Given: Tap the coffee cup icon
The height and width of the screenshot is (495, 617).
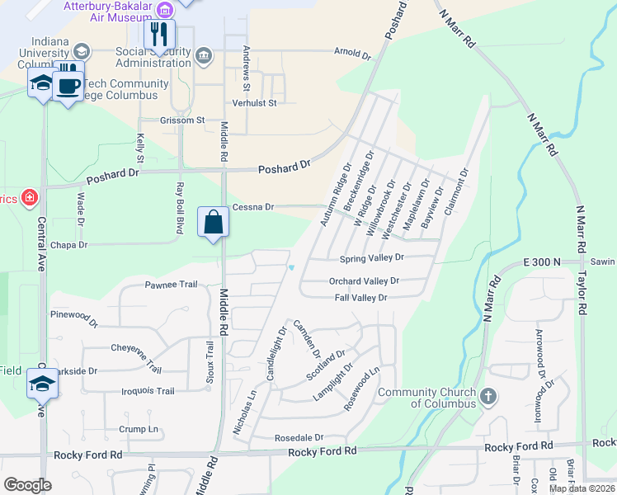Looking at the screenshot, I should point(68,85).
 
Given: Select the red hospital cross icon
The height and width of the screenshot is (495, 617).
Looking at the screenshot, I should point(30,197).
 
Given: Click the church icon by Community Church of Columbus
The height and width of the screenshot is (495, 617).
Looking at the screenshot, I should point(488,397).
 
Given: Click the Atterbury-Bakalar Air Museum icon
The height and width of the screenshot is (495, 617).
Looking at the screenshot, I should point(166,10).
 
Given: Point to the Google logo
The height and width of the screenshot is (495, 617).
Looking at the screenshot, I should point(27,485).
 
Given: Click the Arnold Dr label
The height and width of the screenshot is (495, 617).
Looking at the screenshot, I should point(353,53).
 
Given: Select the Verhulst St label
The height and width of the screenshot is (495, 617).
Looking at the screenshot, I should point(254,102).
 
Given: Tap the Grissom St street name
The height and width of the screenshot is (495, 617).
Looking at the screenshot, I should point(182,120).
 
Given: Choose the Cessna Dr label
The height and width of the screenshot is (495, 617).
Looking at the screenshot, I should point(252,207).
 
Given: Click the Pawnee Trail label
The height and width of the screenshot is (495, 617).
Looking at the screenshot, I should point(172,285).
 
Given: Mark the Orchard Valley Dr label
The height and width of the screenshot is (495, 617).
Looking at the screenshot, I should point(364,280).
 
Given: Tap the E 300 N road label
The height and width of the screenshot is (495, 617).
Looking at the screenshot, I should point(541,262).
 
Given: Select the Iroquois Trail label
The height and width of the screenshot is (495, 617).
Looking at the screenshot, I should point(148,391).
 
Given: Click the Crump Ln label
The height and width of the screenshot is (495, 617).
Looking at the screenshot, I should point(138,429).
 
